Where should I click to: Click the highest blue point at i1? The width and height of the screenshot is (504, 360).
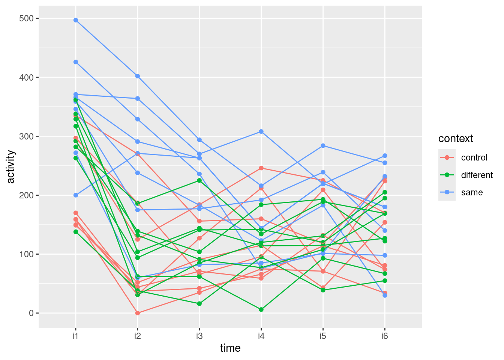[76, 20]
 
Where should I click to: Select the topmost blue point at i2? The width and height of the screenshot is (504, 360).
[138, 76]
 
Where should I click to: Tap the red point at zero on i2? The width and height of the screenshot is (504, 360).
[138, 313]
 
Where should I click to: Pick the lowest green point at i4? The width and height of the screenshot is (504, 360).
[261, 310]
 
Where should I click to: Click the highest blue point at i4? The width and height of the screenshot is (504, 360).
[261, 132]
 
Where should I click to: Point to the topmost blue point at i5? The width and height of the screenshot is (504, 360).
[323, 146]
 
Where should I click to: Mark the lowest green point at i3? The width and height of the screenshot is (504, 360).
[199, 304]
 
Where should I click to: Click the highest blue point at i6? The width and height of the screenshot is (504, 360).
[385, 156]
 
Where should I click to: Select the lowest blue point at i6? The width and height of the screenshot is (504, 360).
[385, 295]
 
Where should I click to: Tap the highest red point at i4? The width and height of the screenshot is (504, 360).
[261, 168]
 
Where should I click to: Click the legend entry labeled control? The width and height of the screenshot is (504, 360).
[474, 158]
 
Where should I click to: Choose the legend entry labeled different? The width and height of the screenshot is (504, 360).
[477, 175]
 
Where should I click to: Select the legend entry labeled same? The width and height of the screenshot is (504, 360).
[472, 193]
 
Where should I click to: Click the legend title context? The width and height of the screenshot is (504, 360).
[456, 139]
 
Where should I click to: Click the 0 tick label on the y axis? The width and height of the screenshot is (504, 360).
[31, 313]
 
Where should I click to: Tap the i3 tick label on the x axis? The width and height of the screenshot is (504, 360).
[199, 336]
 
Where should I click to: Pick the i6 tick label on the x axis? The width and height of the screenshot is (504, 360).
[385, 336]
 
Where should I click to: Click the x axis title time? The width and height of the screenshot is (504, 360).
[230, 348]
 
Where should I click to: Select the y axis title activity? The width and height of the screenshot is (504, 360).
[11, 166]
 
